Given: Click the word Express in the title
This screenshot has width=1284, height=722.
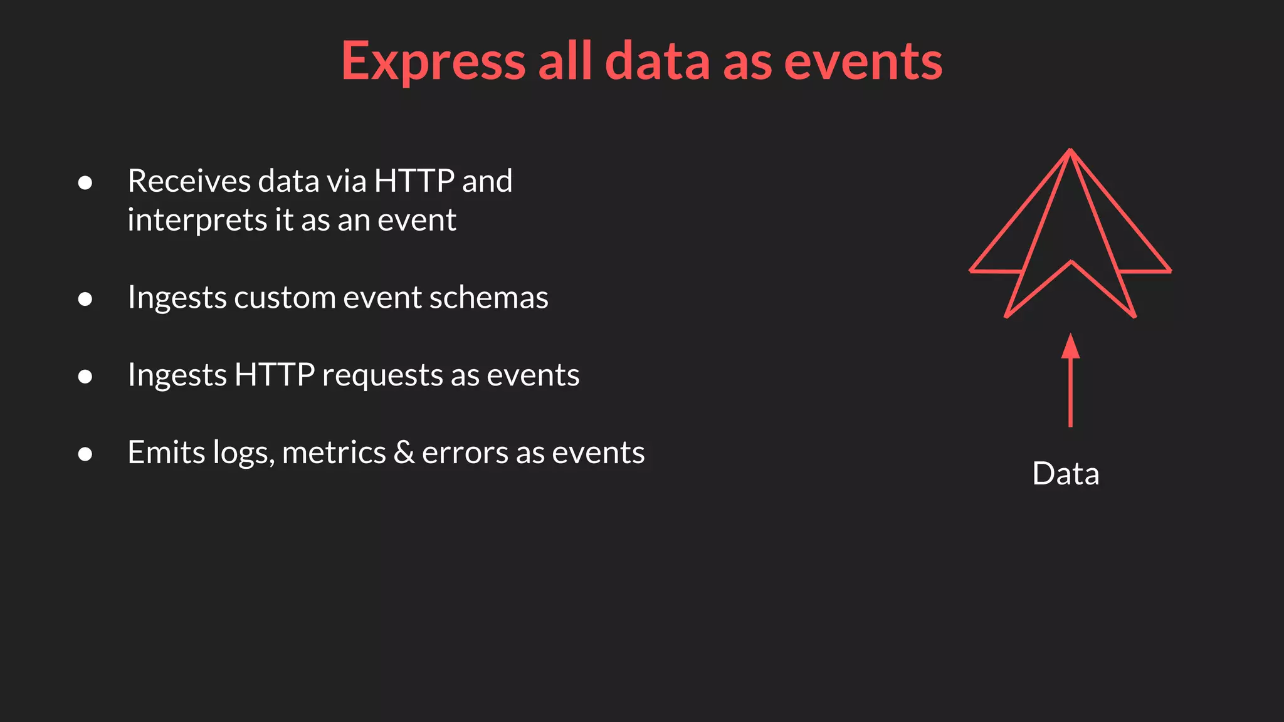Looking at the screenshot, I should click(x=433, y=61).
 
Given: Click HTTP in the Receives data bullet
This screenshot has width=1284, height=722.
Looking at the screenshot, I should click(x=414, y=181).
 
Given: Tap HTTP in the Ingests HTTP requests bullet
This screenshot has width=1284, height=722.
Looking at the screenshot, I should click(x=274, y=375).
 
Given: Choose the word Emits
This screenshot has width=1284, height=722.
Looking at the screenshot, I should click(x=166, y=452).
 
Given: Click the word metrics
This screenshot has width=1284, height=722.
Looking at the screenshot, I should click(x=334, y=453).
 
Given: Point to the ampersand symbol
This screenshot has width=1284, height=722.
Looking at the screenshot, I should click(x=404, y=452).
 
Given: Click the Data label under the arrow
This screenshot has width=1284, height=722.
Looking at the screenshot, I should click(x=1065, y=473).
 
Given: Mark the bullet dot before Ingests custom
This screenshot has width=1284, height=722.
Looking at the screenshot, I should click(x=85, y=299).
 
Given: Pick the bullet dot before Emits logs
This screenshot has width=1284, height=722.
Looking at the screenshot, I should click(x=85, y=454).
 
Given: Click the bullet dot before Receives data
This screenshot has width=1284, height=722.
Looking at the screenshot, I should click(x=85, y=183).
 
